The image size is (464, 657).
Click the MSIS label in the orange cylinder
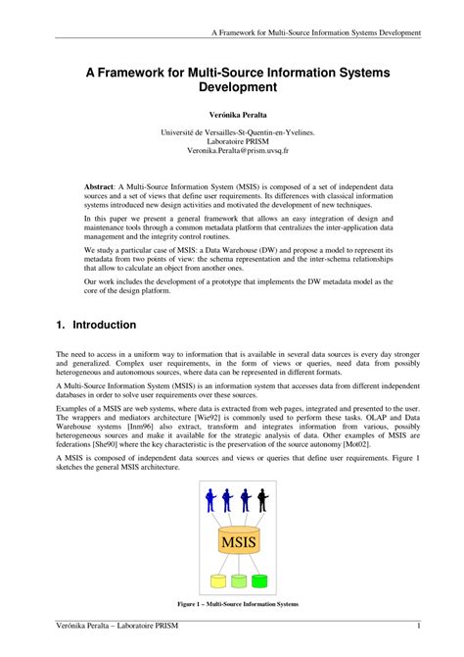coord(239,542)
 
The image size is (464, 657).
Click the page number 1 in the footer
coord(419,627)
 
